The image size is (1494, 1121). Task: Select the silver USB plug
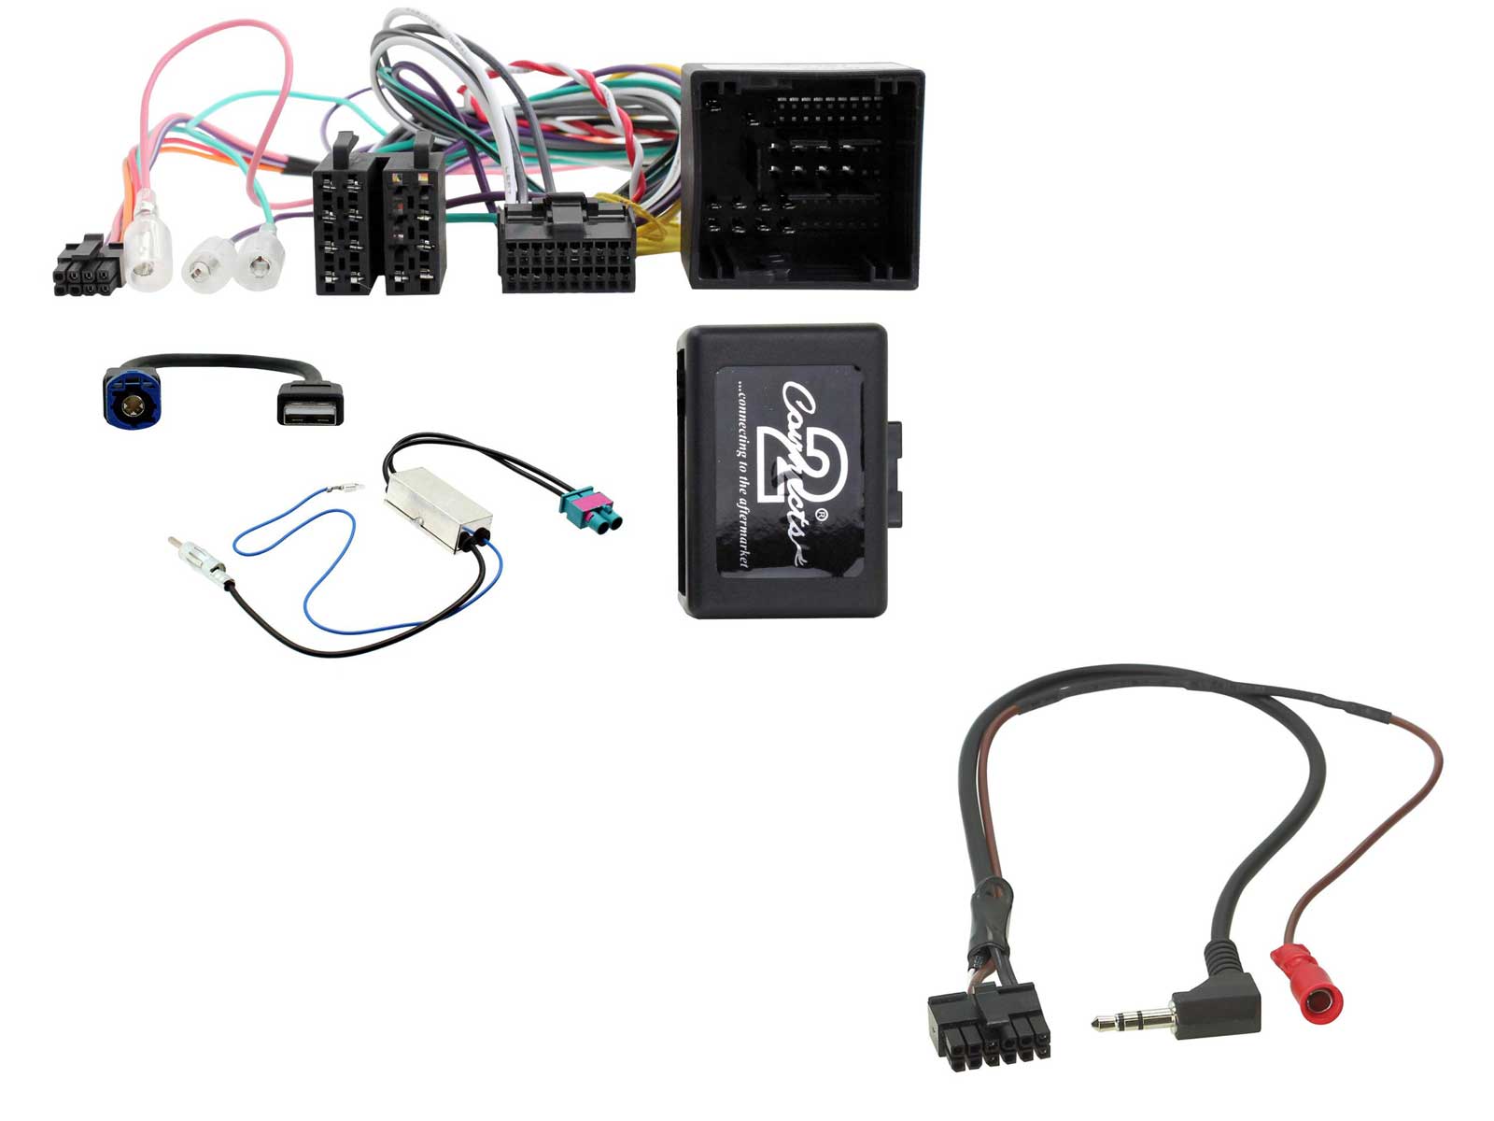(310, 404)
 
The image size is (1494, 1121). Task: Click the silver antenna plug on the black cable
(200, 563)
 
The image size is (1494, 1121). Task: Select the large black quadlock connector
(802, 176)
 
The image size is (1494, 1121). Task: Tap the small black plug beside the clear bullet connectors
(87, 265)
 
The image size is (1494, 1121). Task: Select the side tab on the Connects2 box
(894, 474)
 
